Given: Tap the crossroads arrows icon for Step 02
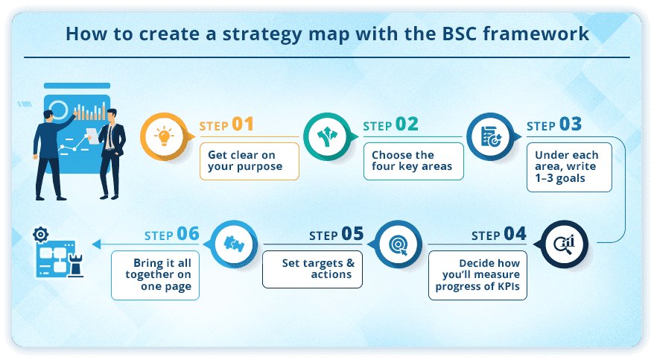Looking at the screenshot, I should pos(326,136).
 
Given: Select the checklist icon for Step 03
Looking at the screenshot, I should pos(489,136).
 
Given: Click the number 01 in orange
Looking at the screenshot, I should pos(243,124).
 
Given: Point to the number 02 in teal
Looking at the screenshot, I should pos(407,124).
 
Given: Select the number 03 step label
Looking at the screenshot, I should pos(570,124).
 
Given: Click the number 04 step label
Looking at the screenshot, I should pos(515,234).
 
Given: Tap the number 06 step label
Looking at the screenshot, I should pos(188,234).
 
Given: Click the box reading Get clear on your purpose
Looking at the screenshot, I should pos(250,160).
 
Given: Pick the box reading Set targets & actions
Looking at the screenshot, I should pos(312,269).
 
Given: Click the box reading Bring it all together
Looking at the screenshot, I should pos(156,275).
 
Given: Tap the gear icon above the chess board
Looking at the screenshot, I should pos(40,235).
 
